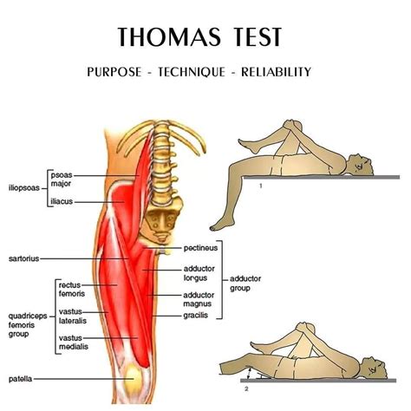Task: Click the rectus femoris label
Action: pyautogui.click(x=71, y=289)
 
